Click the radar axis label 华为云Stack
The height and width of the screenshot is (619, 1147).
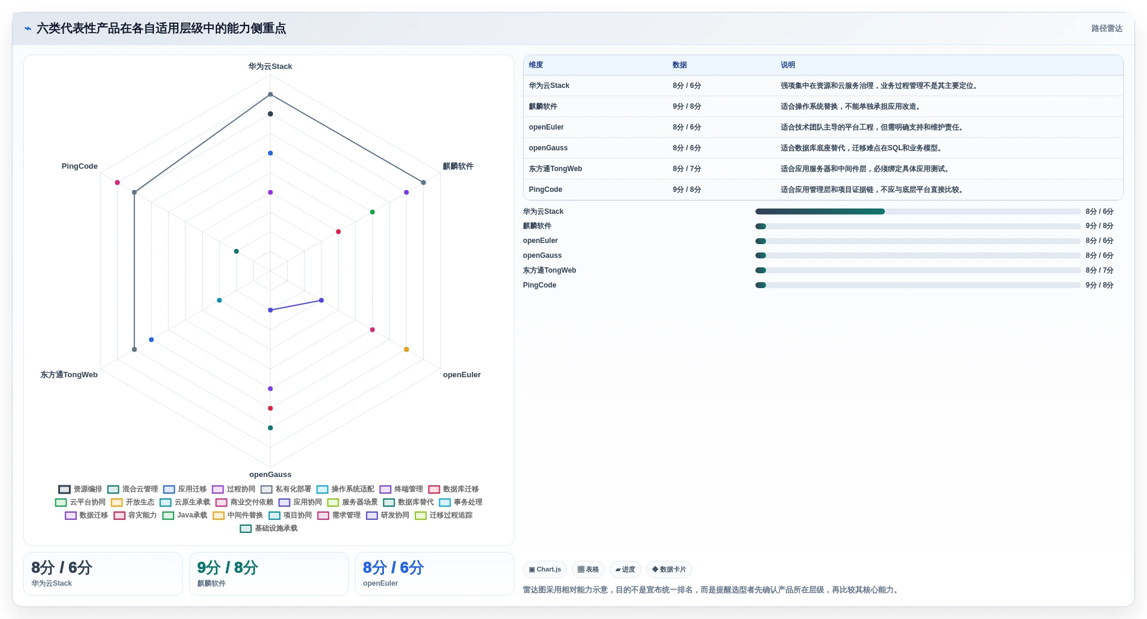click(x=270, y=67)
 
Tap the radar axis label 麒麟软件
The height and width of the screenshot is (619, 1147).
click(x=458, y=166)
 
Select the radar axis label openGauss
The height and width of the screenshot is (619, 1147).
click(x=270, y=475)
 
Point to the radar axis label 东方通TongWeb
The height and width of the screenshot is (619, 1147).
click(x=69, y=375)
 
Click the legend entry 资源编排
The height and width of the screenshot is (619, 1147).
click(x=80, y=489)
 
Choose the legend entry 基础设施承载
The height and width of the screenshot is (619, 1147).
click(x=269, y=529)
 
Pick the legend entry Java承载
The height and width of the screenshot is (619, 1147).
click(x=185, y=516)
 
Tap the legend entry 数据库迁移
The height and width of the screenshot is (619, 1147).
click(x=453, y=489)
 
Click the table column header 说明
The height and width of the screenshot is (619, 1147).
click(x=787, y=65)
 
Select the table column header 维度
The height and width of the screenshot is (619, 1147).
click(x=536, y=65)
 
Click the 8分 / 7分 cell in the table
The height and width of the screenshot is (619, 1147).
click(x=687, y=169)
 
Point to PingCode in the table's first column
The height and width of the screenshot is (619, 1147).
click(x=546, y=190)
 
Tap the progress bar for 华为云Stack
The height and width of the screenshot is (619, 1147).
click(x=918, y=211)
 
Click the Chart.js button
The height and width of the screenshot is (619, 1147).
click(x=545, y=570)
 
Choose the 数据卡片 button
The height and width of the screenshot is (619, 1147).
click(x=669, y=570)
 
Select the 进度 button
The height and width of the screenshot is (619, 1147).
click(x=625, y=570)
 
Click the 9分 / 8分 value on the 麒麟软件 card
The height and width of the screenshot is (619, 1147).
click(x=228, y=568)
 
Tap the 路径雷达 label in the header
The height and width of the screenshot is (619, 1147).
click(x=1107, y=29)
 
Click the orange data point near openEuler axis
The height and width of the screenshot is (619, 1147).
click(x=407, y=349)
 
